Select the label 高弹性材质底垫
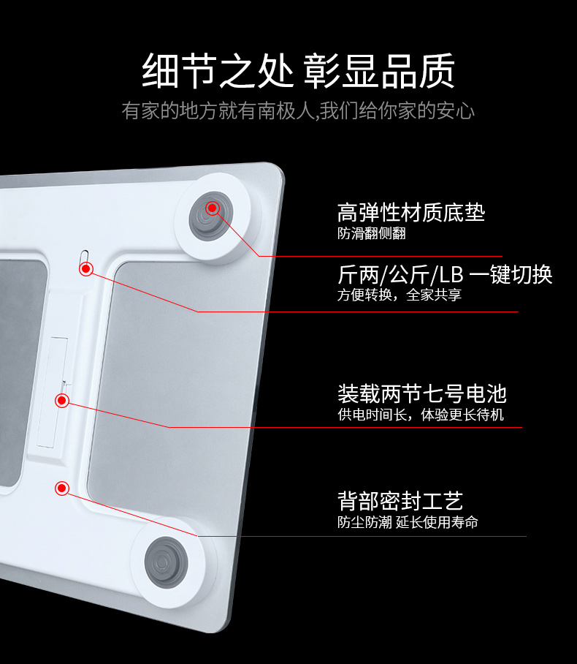tap(411, 213)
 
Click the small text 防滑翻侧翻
tap(371, 234)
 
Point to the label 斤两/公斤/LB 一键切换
tap(445, 274)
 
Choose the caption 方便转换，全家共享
tap(399, 295)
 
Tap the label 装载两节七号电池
tap(421, 394)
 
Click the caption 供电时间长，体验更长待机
tap(420, 415)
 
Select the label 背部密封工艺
tap(400, 501)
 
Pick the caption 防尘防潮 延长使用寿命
tap(408, 522)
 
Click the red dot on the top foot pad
tap(213, 208)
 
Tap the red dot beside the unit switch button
tap(86, 269)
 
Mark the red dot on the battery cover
tap(62, 400)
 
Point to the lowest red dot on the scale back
tap(62, 488)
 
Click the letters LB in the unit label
tap(451, 275)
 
